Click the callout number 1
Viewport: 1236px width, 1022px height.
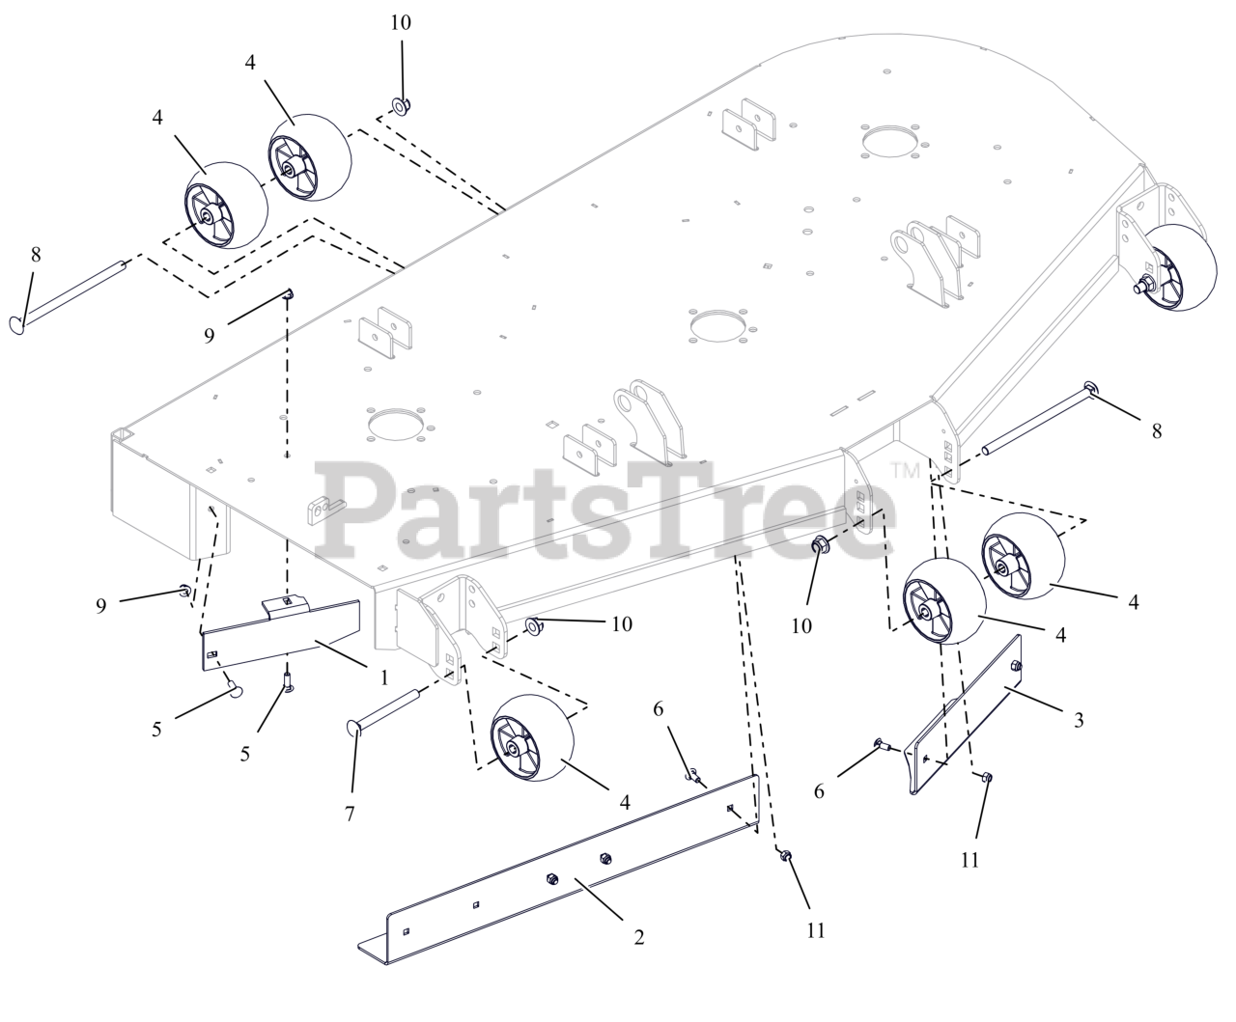(x=384, y=677)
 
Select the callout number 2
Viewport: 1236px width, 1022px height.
(x=638, y=938)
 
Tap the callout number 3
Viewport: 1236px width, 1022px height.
(x=1079, y=720)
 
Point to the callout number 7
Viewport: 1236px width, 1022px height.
(x=350, y=814)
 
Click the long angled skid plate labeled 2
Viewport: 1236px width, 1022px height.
(x=559, y=870)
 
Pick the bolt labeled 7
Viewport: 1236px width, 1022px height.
(x=383, y=711)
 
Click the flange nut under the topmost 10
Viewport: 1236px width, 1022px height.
(x=402, y=106)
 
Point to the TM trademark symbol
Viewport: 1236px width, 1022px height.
(x=905, y=470)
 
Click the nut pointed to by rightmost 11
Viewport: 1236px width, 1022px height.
(x=986, y=777)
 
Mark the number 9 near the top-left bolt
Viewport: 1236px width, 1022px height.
(x=209, y=336)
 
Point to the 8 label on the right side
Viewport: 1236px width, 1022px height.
(x=1157, y=431)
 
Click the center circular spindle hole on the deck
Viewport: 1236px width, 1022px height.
(x=718, y=325)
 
